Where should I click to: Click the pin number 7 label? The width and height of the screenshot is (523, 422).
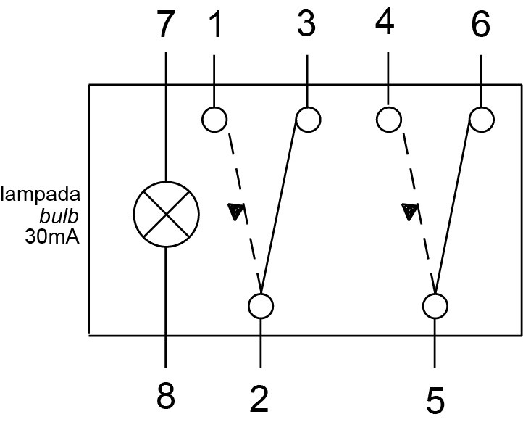click(166, 24)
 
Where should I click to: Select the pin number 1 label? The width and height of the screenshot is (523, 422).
click(216, 24)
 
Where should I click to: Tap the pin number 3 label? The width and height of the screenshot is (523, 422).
click(306, 23)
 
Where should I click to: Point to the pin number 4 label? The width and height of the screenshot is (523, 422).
click(385, 22)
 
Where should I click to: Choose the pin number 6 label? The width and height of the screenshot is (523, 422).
click(481, 23)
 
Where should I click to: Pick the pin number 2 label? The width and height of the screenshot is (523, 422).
click(259, 399)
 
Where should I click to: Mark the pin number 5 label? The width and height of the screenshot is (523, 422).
click(435, 400)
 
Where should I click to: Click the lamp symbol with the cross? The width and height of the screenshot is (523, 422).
click(166, 215)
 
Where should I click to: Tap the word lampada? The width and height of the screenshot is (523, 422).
click(41, 194)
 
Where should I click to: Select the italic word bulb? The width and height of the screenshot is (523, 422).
click(59, 216)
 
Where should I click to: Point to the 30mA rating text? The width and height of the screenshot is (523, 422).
click(52, 237)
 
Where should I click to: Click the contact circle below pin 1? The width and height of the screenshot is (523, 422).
click(214, 119)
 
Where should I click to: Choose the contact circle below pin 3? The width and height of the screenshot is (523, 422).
click(308, 119)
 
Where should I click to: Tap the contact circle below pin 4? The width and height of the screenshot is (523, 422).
click(388, 119)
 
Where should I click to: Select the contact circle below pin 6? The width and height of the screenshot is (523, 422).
click(481, 119)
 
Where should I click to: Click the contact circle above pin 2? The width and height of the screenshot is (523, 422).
click(261, 306)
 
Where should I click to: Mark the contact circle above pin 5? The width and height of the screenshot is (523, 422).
click(435, 306)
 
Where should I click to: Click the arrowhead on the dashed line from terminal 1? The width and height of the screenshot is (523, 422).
click(236, 211)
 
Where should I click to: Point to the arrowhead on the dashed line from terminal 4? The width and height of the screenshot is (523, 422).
click(410, 211)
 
